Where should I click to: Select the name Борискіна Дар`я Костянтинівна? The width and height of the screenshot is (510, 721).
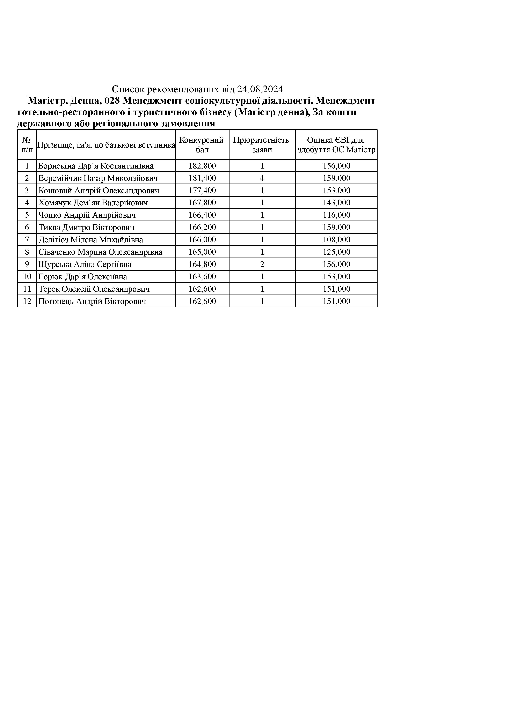[96, 166]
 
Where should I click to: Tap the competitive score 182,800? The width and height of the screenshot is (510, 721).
[202, 166]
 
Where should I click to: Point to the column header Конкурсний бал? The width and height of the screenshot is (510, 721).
[201, 145]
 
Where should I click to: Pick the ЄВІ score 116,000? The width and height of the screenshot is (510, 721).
[337, 215]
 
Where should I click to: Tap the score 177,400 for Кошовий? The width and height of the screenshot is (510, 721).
[202, 191]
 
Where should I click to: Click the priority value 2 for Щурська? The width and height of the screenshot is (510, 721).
[262, 264]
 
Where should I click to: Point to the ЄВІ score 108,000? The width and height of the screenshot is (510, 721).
[337, 240]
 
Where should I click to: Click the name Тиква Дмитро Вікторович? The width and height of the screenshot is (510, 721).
[86, 227]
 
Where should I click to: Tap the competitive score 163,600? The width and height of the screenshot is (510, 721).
[202, 277]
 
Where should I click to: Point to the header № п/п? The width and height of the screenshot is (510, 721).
[27, 145]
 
